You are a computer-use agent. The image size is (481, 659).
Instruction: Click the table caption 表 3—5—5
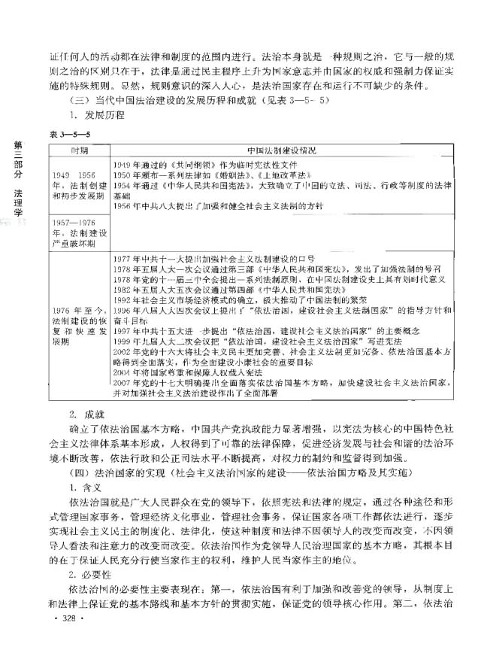[x=70, y=133]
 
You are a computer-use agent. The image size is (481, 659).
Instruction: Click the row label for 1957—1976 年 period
[x=78, y=231]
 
